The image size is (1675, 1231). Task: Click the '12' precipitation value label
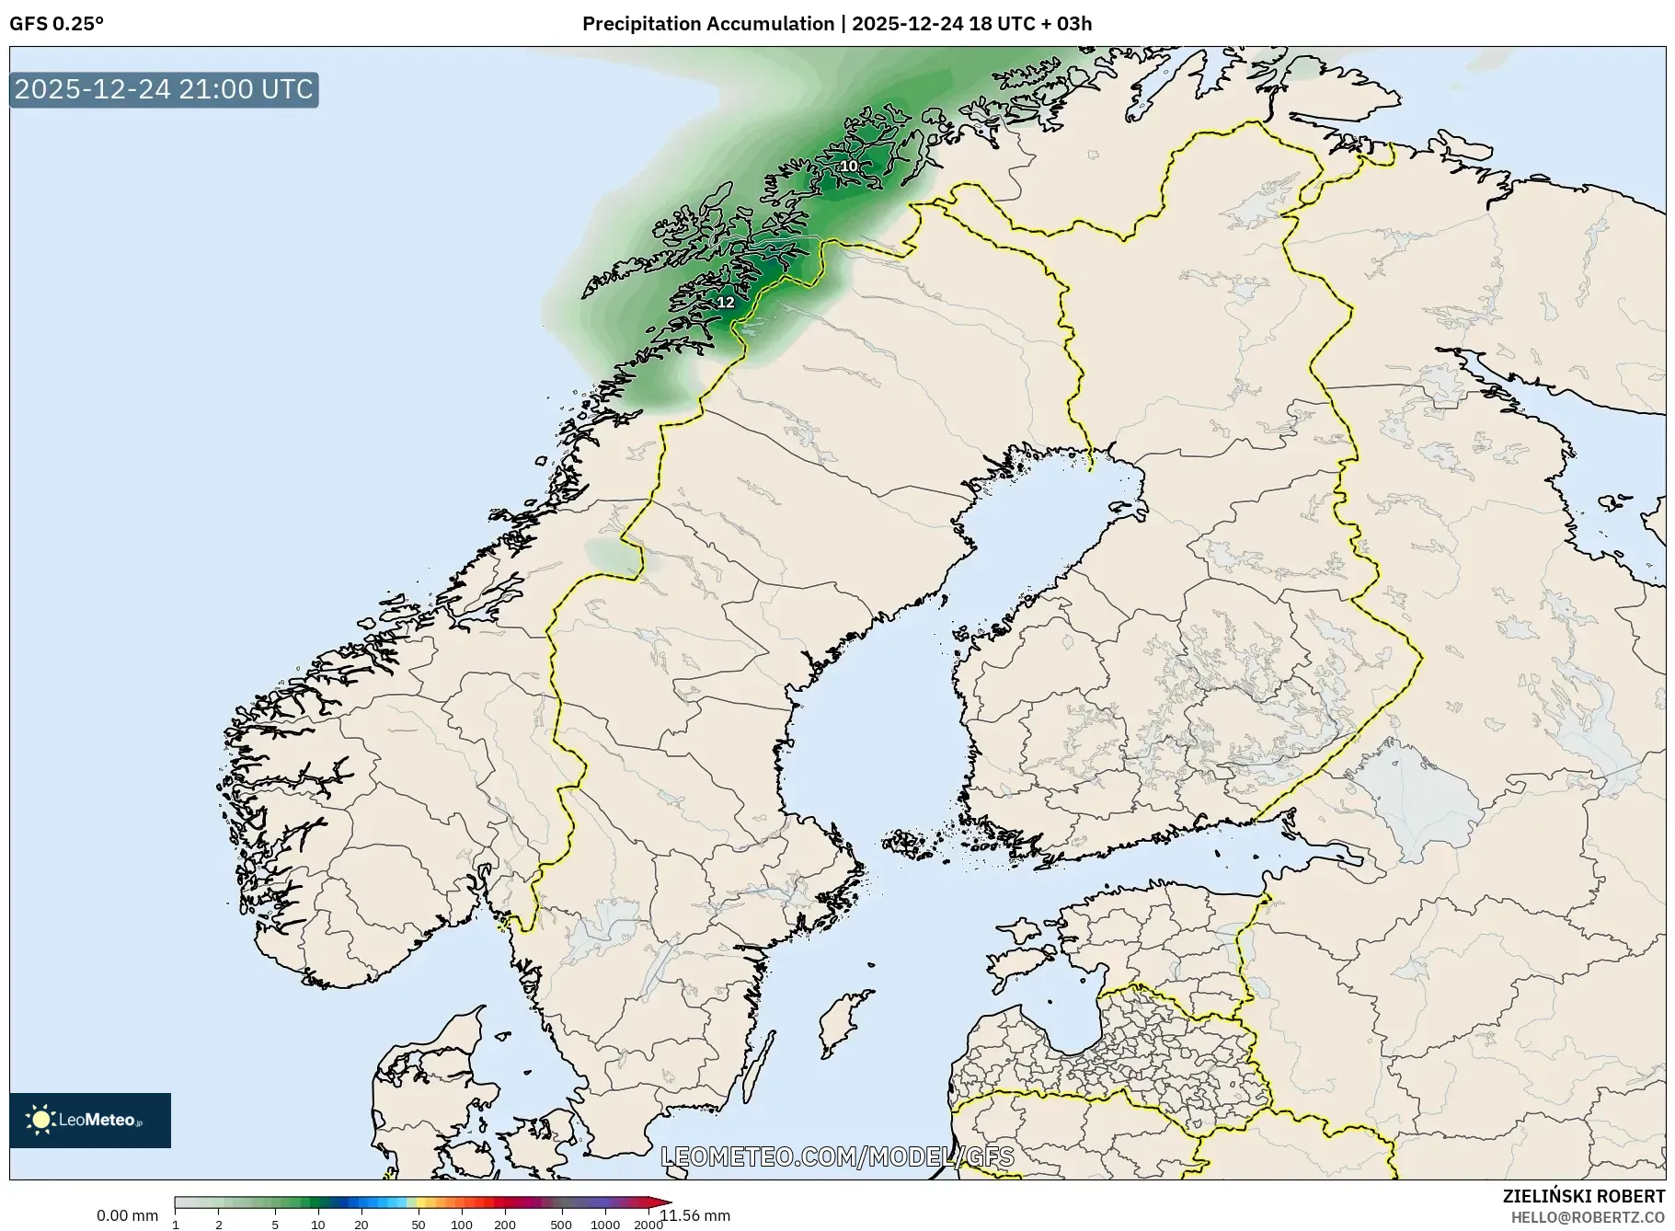[x=726, y=302]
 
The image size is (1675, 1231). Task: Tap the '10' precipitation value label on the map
[x=848, y=166]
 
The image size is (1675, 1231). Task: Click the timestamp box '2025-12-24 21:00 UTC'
[x=164, y=89]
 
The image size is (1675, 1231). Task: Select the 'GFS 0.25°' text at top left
[x=56, y=24]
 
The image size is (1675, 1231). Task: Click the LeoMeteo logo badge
[x=90, y=1120]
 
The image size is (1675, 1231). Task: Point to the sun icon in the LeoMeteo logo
[x=40, y=1120]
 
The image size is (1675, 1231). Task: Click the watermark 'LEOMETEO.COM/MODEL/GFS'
[x=837, y=1156]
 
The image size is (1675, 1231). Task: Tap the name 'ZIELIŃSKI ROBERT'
[x=1583, y=1196]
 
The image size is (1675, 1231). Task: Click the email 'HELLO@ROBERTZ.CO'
[x=1587, y=1217]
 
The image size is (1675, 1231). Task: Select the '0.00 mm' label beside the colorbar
[x=127, y=1215]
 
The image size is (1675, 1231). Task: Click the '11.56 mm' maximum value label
[x=695, y=1215]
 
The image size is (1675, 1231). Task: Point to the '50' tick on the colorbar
[x=419, y=1225]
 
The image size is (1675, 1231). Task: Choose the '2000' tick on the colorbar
[x=648, y=1225]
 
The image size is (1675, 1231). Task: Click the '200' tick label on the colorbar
[x=504, y=1225]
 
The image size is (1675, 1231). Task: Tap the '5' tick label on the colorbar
[x=275, y=1225]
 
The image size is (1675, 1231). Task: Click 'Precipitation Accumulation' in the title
[x=707, y=24]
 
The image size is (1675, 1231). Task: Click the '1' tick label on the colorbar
[x=176, y=1225]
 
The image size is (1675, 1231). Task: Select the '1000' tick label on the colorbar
[x=604, y=1225]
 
